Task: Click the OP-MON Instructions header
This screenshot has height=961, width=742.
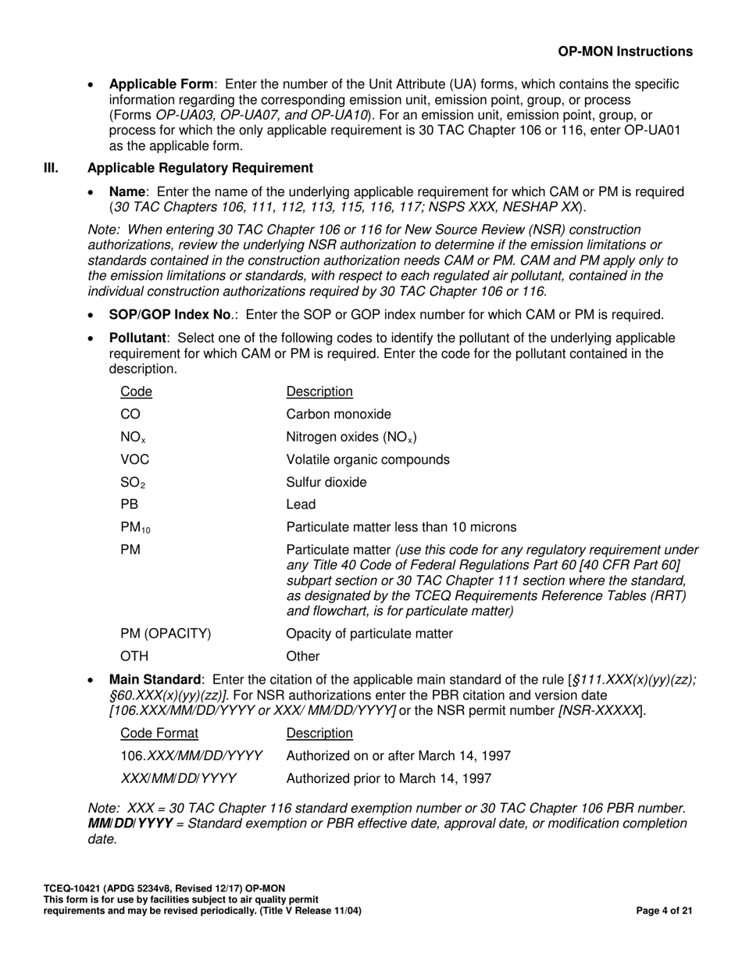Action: tap(625, 52)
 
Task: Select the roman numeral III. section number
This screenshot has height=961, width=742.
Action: tap(51, 168)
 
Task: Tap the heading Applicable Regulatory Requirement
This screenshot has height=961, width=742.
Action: tap(200, 168)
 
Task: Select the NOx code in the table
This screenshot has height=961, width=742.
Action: tap(132, 438)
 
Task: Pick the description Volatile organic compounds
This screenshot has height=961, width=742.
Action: tap(368, 459)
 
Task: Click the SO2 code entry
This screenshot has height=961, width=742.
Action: tap(132, 483)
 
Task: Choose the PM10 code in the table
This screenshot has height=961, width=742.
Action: tap(135, 528)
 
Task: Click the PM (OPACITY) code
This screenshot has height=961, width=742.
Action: tap(166, 634)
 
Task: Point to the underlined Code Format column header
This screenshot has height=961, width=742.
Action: tap(159, 733)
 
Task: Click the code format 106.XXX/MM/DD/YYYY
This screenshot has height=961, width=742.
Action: tap(191, 756)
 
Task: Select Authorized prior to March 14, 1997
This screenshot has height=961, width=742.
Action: tap(389, 778)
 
